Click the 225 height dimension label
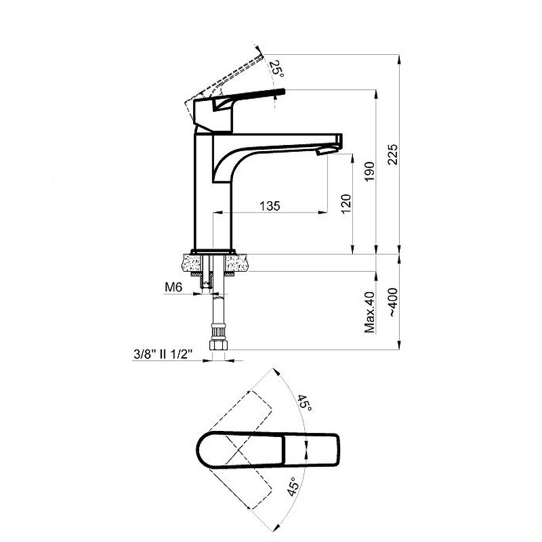coord(393,154)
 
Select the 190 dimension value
coord(369,171)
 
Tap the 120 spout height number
coord(346,204)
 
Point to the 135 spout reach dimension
coord(270,206)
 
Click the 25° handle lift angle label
coord(276,69)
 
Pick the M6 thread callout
coord(173,287)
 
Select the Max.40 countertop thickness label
coord(369,312)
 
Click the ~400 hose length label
coord(393,302)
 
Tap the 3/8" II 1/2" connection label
coord(163,354)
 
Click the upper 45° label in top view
coord(304,402)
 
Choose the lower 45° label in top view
coord(292,486)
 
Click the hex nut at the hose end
coord(218,345)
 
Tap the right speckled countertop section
coord(237,263)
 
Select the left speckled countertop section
coord(191,263)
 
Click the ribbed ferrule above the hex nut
coord(218,333)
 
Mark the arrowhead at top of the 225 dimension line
coord(399,60)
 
